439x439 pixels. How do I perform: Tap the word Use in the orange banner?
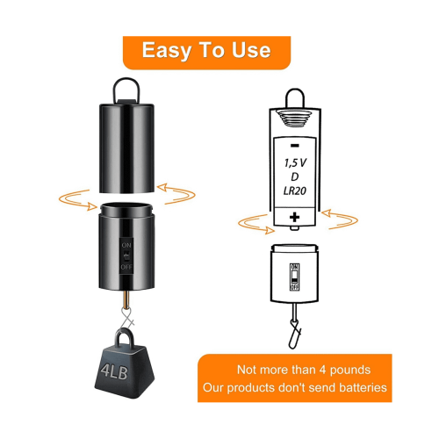point(251,50)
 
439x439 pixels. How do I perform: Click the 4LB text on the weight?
point(114,371)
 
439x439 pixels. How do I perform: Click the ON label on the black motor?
point(126,245)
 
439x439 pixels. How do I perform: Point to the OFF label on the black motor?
point(126,267)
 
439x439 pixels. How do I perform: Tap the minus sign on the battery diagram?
point(295,146)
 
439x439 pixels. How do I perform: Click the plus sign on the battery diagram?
point(295,217)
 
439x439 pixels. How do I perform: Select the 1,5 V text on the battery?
point(295,163)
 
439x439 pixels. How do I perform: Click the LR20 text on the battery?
point(295,191)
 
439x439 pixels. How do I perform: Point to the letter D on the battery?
point(295,176)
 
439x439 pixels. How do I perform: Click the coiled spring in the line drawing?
point(295,119)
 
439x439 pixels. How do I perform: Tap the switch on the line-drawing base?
point(294,277)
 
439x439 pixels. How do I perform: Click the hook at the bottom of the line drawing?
point(295,334)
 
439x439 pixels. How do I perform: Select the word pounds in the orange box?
point(350,371)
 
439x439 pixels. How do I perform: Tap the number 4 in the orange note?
point(322,370)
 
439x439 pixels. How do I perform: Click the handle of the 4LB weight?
point(124,338)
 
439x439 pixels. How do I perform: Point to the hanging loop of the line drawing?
point(295,98)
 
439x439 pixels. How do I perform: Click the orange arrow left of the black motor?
point(76,199)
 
